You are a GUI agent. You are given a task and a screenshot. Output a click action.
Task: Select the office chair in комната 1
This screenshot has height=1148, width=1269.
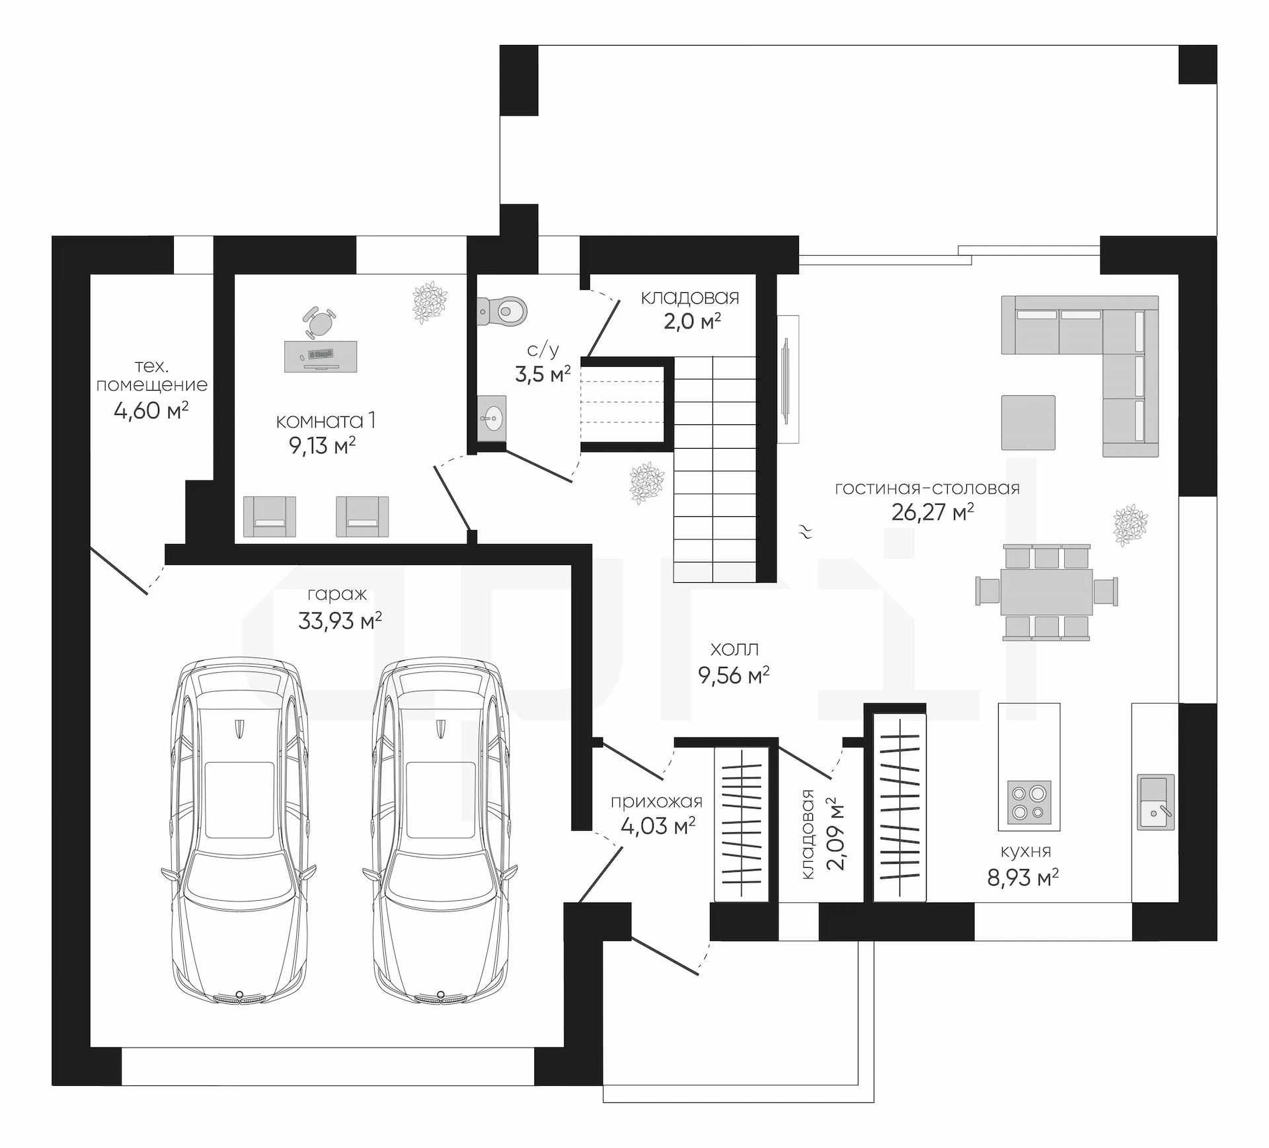point(319,321)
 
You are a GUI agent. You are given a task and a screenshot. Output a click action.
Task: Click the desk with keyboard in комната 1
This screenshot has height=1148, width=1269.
point(321,356)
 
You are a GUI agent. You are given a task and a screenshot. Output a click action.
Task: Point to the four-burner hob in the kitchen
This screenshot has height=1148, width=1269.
point(1028,802)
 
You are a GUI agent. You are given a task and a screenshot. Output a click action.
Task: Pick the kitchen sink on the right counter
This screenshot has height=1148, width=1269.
point(1155,802)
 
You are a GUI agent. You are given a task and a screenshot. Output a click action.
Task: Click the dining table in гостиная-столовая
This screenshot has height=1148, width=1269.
point(1046,592)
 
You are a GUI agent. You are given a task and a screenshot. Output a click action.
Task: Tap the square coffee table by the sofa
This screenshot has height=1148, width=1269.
point(1028,422)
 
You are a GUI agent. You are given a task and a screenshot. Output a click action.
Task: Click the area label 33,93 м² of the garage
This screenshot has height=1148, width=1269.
point(340,621)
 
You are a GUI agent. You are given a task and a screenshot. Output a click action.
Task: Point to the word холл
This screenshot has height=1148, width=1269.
point(734,648)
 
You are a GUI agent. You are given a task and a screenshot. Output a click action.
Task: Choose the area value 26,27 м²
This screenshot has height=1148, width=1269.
point(933,512)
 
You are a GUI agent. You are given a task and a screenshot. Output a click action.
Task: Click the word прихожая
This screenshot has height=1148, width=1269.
point(656,802)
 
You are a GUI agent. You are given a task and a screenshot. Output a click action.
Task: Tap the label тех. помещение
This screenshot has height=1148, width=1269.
point(152,375)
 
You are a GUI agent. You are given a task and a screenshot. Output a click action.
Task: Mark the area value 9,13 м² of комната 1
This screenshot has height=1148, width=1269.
point(323,445)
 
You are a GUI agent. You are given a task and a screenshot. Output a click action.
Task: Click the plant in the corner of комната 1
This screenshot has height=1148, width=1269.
point(430,302)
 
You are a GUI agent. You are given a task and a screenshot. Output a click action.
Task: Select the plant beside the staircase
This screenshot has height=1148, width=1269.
point(647,484)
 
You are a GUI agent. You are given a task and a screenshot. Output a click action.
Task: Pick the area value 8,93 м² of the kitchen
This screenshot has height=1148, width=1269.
point(1023,877)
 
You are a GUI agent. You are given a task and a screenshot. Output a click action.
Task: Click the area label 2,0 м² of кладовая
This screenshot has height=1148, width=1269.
point(692,321)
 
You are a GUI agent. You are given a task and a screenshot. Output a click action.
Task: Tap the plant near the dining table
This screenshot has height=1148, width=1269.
point(1131,525)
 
